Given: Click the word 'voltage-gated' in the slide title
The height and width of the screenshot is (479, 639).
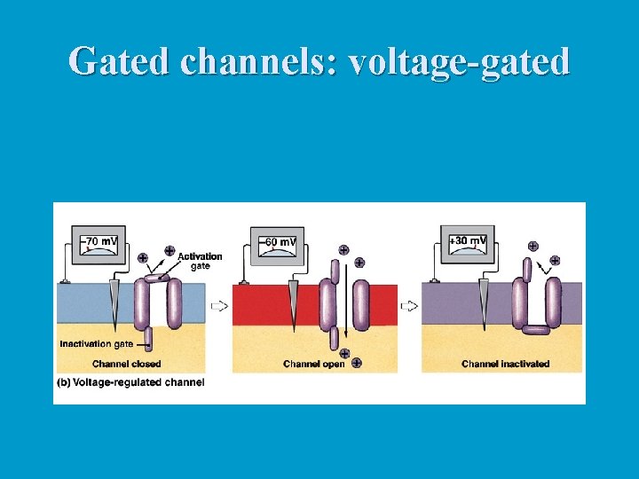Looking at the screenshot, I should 459,62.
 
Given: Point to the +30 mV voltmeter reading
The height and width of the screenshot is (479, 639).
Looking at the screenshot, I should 468,241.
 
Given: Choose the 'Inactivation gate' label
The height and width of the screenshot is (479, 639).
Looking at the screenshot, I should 98,343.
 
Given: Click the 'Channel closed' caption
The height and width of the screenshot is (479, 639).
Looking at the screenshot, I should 126,364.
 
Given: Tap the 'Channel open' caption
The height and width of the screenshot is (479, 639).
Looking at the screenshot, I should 313,364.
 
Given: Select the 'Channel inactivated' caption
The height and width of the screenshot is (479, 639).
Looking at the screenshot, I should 505,364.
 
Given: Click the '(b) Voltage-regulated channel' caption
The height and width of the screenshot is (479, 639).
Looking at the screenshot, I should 131,382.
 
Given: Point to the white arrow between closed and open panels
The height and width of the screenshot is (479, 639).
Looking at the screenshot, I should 218,306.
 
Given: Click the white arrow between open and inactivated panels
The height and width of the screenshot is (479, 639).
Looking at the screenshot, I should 409,306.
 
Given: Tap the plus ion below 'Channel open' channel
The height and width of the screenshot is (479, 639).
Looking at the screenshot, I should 356,362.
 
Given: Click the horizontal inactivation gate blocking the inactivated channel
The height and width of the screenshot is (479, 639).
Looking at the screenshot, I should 536,330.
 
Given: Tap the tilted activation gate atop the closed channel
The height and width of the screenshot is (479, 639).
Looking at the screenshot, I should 156,278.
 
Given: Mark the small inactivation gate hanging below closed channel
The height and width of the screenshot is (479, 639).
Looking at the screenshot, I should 148,338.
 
